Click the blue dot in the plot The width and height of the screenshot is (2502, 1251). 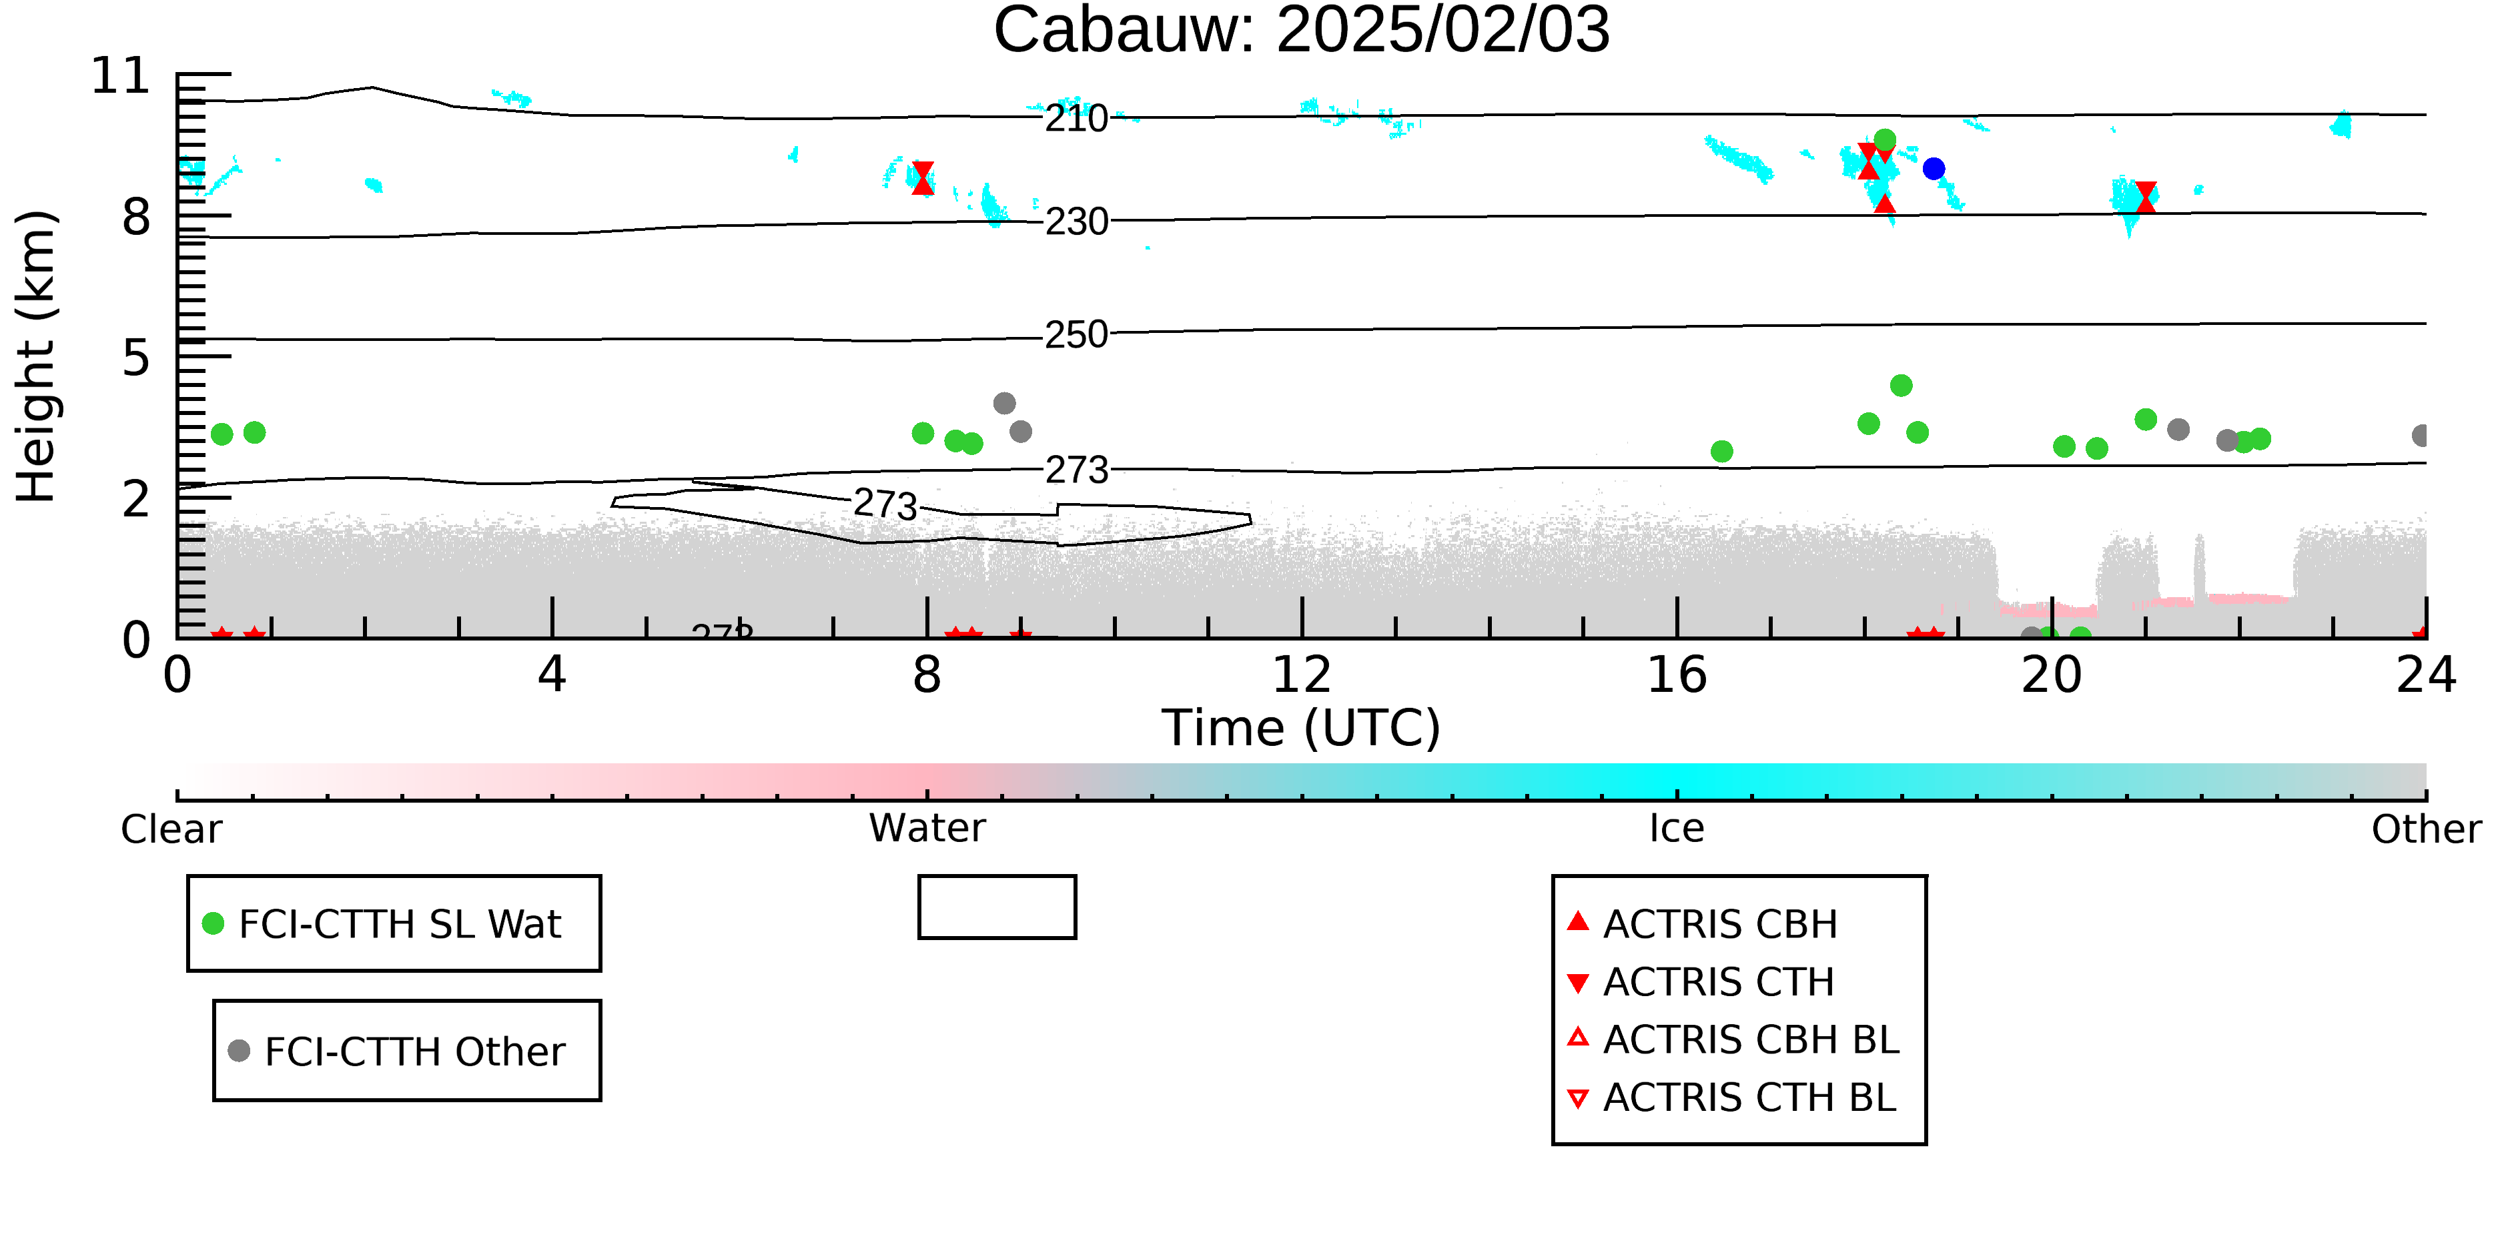pyautogui.click(x=1934, y=169)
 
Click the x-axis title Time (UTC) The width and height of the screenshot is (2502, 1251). pyautogui.click(x=1302, y=727)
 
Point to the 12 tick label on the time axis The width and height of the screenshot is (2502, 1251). pyautogui.click(x=1302, y=675)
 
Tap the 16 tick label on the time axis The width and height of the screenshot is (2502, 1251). pyautogui.click(x=1677, y=675)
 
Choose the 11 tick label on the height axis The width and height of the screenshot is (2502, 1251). pyautogui.click(x=121, y=76)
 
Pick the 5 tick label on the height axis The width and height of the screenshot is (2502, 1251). pyautogui.click(x=137, y=358)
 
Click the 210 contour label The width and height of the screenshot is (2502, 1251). pyautogui.click(x=1076, y=119)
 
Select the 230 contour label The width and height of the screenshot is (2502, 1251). pyautogui.click(x=1076, y=222)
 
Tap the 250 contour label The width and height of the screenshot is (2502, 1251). pyautogui.click(x=1076, y=334)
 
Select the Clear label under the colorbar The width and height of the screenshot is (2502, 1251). pyautogui.click(x=171, y=829)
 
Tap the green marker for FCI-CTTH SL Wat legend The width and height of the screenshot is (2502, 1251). pyautogui.click(x=213, y=923)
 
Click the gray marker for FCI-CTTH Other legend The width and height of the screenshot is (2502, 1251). pyautogui.click(x=239, y=1050)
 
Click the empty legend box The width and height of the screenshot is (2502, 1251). pyautogui.click(x=997, y=878)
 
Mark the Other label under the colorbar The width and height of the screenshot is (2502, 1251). pyautogui.click(x=2426, y=829)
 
